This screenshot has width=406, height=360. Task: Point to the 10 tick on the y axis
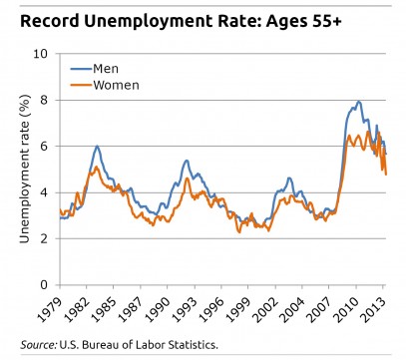pyautogui.click(x=41, y=54)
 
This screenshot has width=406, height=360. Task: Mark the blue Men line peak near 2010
pyautogui.click(x=358, y=102)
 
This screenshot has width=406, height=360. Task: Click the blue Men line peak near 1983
pyautogui.click(x=97, y=147)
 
